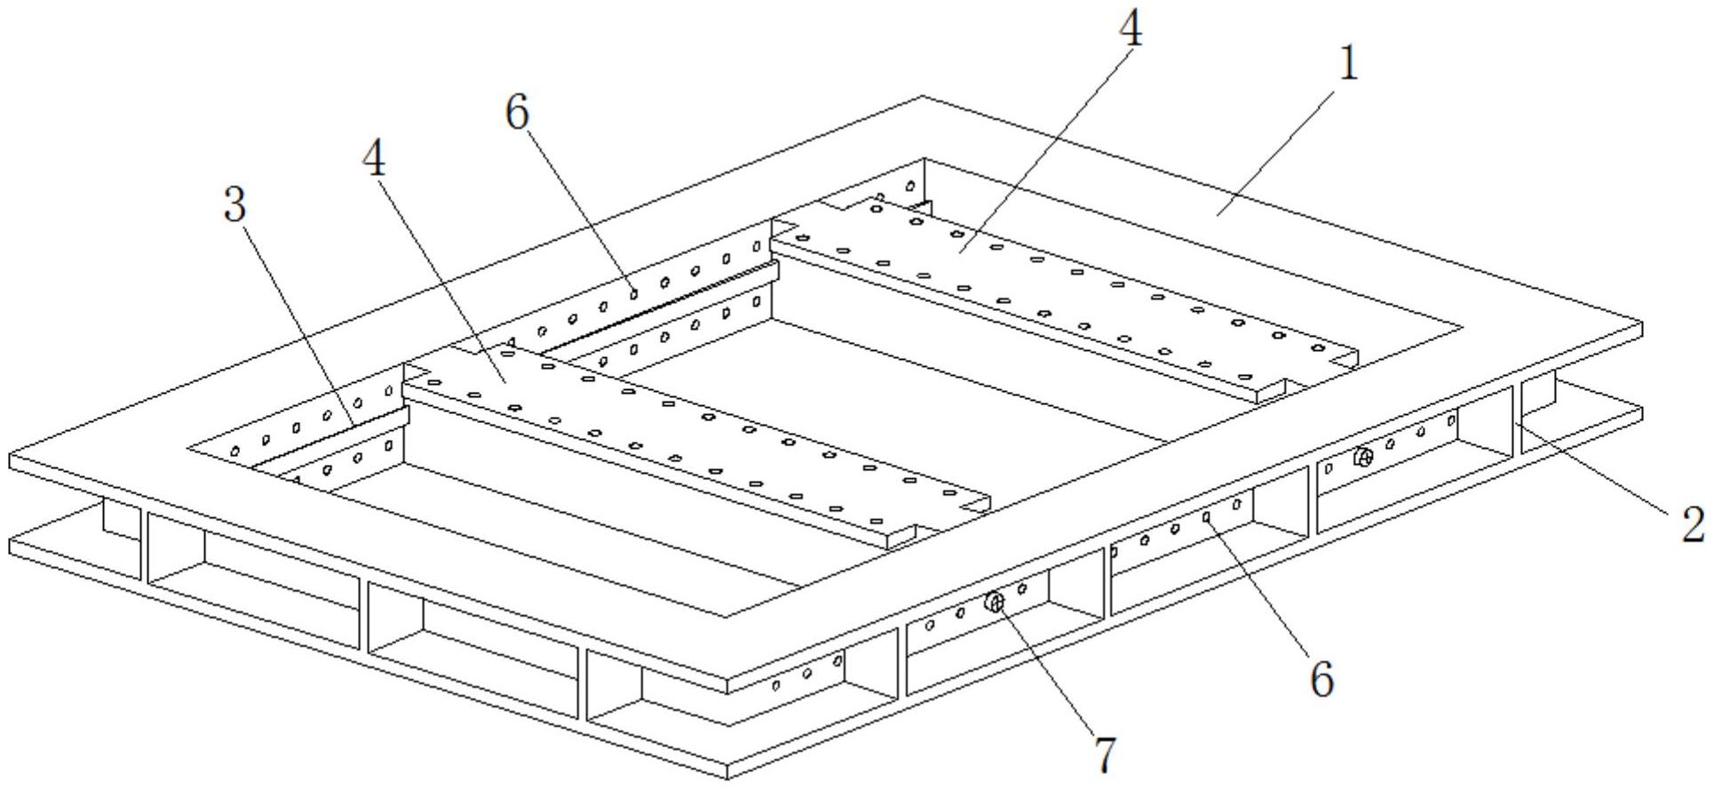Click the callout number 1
pos(1348,64)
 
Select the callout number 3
pos(234,205)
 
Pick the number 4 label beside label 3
pos(375,161)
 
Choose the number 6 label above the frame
pos(517,113)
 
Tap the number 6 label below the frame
pos(1321,681)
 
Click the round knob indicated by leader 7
pos(995,603)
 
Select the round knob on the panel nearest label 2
pos(1364,458)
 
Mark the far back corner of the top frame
pos(923,97)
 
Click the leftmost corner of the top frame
pos(11,460)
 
